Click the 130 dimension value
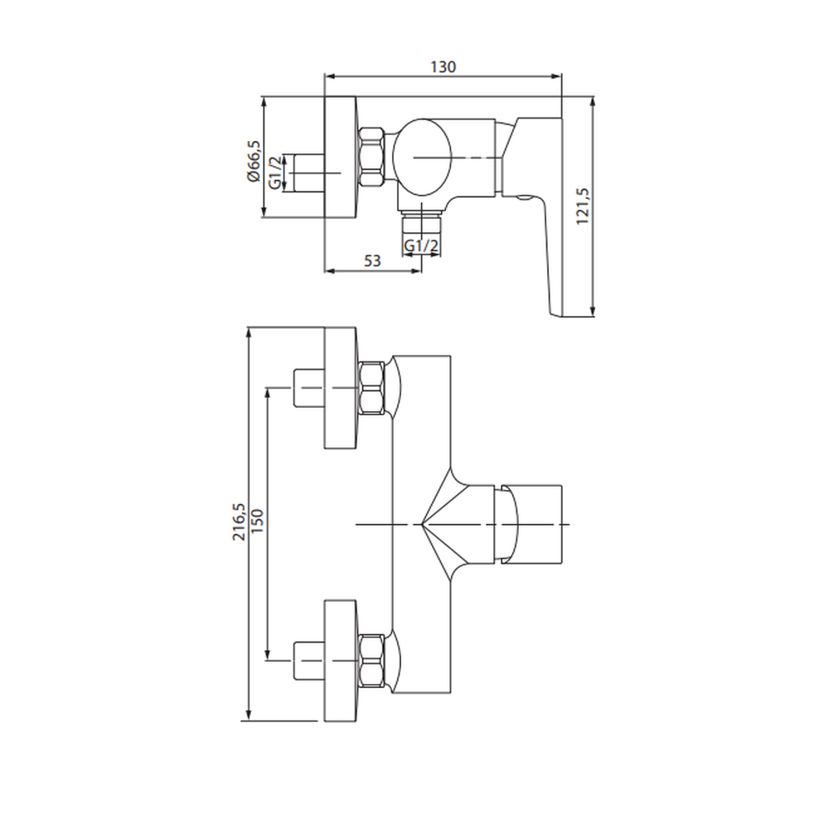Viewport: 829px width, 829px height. (443, 67)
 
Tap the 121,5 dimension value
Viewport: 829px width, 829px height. (583, 206)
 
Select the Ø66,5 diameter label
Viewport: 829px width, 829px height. (253, 162)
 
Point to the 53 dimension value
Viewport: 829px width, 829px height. (372, 260)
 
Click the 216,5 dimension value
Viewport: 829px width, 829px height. (239, 521)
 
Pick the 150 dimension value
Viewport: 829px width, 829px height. (257, 521)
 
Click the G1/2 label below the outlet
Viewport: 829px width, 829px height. (421, 246)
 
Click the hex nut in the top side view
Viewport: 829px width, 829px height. (371, 157)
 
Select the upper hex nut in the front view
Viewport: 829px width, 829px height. (371, 388)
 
